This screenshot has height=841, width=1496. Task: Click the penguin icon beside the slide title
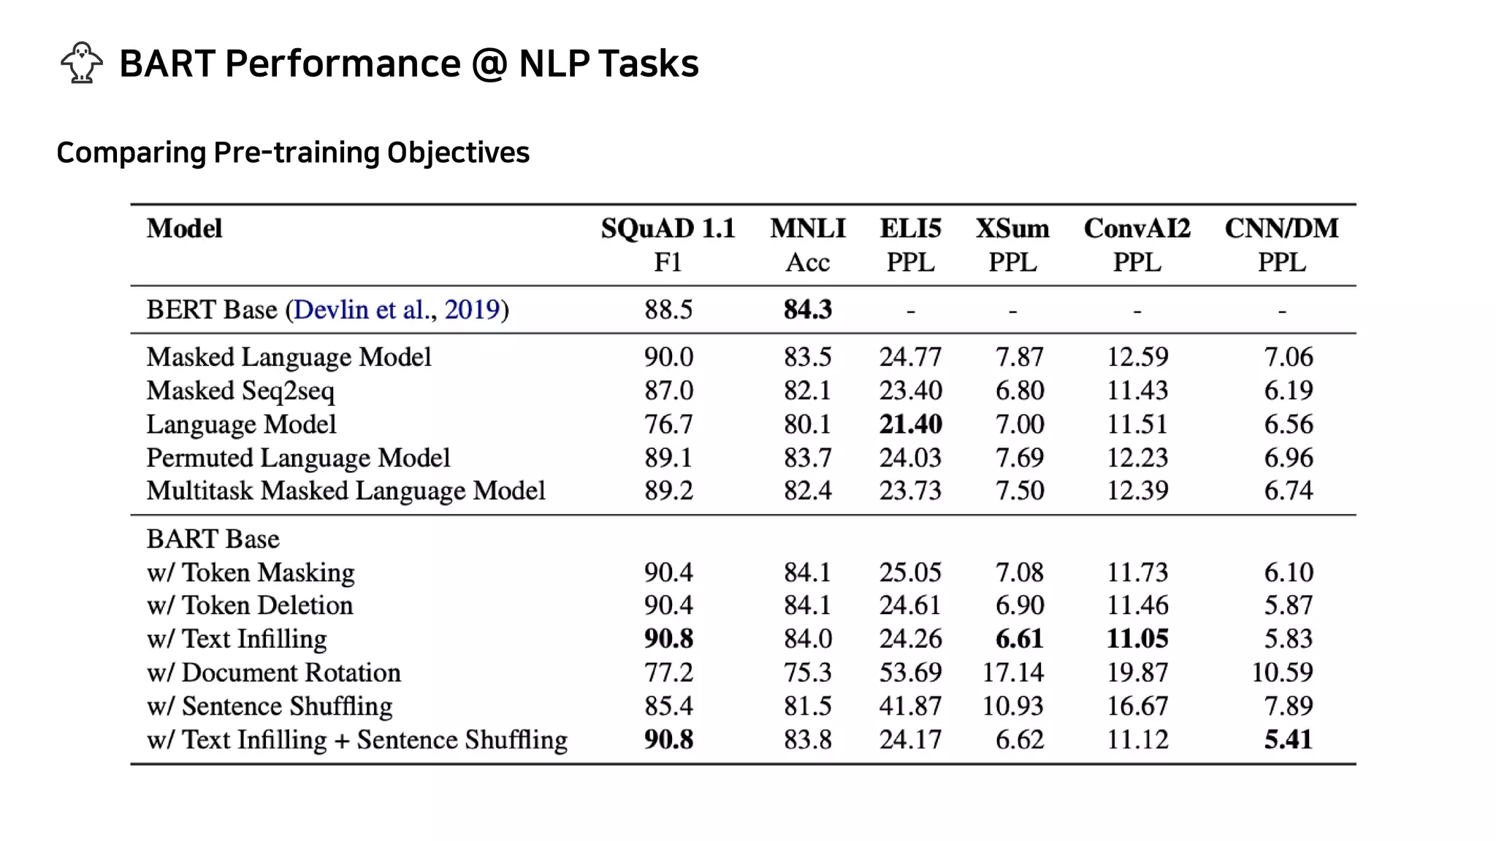pyautogui.click(x=82, y=63)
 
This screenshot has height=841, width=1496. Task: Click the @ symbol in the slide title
pyautogui.click(x=489, y=64)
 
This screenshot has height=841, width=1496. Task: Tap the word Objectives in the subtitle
pyautogui.click(x=458, y=153)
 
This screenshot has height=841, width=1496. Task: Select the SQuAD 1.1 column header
pyautogui.click(x=668, y=229)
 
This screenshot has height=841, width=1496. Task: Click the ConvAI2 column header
pyautogui.click(x=1137, y=229)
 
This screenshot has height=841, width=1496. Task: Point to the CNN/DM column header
pyautogui.click(x=1281, y=229)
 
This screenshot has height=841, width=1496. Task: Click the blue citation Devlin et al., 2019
pyautogui.click(x=397, y=310)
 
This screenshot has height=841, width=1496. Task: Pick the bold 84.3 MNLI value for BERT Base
pyautogui.click(x=807, y=310)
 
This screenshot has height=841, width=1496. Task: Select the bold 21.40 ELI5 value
pyautogui.click(x=910, y=424)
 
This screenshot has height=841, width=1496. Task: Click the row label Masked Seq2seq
pyautogui.click(x=240, y=391)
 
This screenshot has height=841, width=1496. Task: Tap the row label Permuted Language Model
pyautogui.click(x=298, y=458)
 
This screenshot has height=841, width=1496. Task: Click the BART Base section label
pyautogui.click(x=213, y=539)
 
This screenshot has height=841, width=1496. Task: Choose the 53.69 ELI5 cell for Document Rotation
pyautogui.click(x=910, y=672)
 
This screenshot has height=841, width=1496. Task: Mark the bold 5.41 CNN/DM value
pyautogui.click(x=1289, y=740)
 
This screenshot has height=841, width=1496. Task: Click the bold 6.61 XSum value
pyautogui.click(x=1019, y=639)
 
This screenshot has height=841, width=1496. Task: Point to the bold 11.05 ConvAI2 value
pyautogui.click(x=1137, y=639)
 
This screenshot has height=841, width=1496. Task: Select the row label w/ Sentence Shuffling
pyautogui.click(x=270, y=706)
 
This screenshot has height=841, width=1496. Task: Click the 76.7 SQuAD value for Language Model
pyautogui.click(x=668, y=424)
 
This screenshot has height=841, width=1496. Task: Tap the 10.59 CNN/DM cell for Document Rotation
pyautogui.click(x=1282, y=672)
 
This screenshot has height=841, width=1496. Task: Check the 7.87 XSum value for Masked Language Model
pyautogui.click(x=1019, y=357)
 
